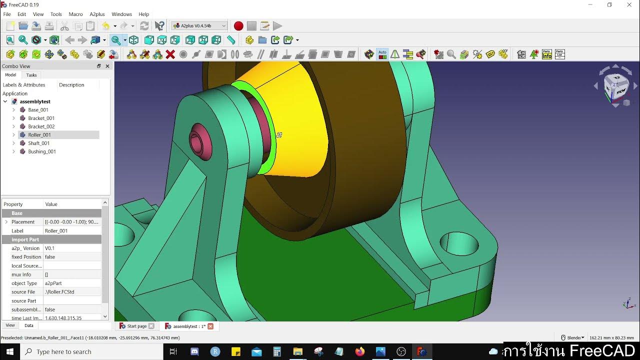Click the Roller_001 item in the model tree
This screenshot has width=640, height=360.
click(x=39, y=135)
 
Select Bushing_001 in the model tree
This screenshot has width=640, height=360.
click(x=41, y=151)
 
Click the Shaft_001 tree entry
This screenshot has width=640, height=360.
click(x=38, y=143)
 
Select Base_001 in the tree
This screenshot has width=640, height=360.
click(x=38, y=110)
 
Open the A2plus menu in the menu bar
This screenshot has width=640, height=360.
click(x=97, y=14)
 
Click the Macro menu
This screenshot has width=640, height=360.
click(x=75, y=14)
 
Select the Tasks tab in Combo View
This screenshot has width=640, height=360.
click(x=31, y=75)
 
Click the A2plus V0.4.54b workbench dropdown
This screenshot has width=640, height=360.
click(x=199, y=26)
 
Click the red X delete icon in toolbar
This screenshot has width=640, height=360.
click(x=170, y=54)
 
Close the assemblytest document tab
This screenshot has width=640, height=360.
click(x=210, y=326)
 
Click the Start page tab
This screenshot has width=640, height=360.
click(x=136, y=326)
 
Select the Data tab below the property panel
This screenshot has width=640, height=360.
click(x=29, y=325)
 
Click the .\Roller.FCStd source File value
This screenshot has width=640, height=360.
click(x=59, y=292)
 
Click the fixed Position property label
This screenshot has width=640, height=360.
click(x=26, y=257)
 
